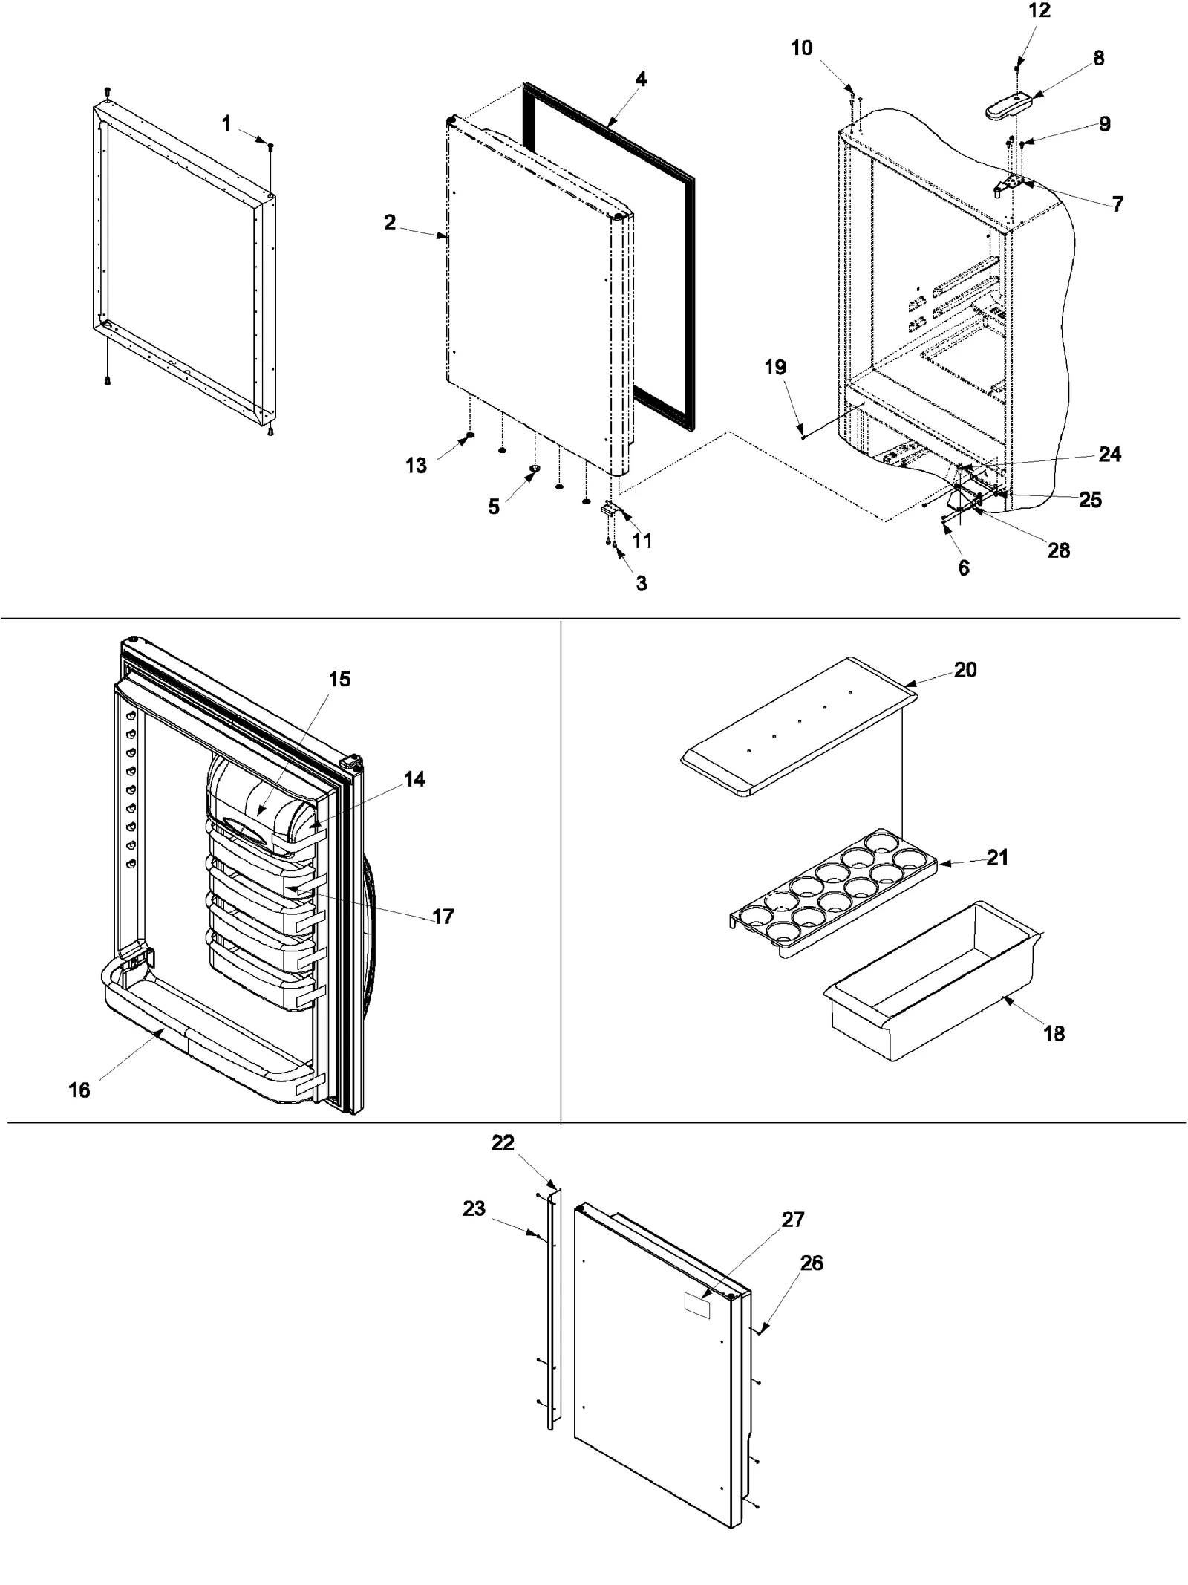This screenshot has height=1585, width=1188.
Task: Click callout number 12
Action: point(1039,11)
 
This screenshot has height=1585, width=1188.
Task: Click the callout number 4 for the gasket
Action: point(641,79)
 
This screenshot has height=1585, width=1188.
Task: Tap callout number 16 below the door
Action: point(79,1090)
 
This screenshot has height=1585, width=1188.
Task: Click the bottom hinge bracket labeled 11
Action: point(610,510)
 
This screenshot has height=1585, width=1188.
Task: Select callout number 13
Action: point(416,466)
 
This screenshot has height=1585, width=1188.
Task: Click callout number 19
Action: point(775,367)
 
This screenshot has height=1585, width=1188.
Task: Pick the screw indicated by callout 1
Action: point(270,147)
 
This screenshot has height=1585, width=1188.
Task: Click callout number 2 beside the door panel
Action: point(390,222)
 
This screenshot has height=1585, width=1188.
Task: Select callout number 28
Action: point(1058,550)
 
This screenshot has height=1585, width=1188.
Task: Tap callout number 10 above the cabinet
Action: point(801,48)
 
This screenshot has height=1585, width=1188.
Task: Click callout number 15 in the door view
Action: point(339,679)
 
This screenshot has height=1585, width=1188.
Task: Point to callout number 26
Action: point(812,1263)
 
